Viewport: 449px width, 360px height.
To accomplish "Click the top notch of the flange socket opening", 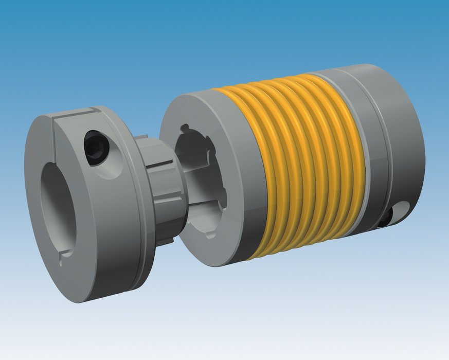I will [x=184, y=129].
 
